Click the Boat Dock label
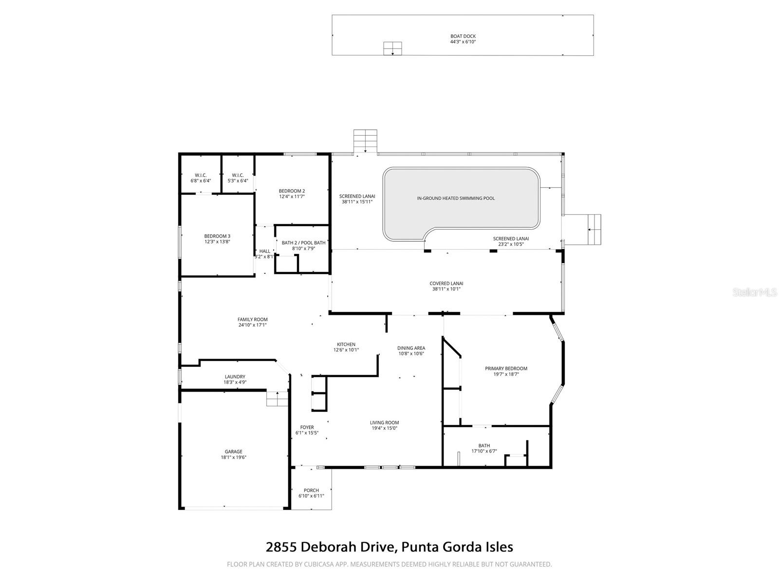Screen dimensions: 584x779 [463, 36]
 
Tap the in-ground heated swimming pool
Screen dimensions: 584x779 [456, 198]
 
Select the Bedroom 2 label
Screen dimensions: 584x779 [292, 191]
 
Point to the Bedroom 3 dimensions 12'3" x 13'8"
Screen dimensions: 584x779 [217, 242]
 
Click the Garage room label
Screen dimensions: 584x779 [233, 452]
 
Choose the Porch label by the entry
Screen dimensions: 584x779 [311, 490]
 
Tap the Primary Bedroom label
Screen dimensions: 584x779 [506, 368]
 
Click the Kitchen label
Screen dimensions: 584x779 [346, 344]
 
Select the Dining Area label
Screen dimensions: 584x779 [411, 348]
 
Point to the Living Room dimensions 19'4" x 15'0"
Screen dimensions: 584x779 [384, 428]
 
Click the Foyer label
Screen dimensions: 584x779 [307, 427]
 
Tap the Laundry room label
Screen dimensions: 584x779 [235, 377]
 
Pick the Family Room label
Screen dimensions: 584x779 [252, 320]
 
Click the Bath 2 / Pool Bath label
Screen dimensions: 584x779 [303, 243]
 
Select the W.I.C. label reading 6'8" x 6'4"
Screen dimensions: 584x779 [201, 175]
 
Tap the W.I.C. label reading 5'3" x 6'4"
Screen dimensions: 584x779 [238, 175]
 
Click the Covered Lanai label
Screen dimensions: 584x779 [446, 283]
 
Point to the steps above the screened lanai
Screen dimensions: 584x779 [365, 141]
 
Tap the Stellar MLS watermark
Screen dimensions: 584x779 [757, 292]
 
